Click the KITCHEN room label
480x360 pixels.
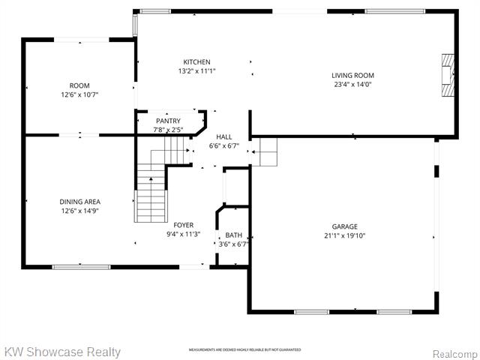197,62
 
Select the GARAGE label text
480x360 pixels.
345,226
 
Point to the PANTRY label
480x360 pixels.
168,121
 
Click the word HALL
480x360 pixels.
224,137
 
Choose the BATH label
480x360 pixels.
233,235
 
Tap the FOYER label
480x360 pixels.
184,225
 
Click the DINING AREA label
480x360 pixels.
80,202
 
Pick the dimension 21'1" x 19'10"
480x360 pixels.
345,235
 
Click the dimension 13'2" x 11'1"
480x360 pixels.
197,71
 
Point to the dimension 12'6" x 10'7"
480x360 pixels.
80,95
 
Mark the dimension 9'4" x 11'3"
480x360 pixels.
184,234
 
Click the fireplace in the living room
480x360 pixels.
448,75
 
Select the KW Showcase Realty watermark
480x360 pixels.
61,351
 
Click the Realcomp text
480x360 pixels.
453,352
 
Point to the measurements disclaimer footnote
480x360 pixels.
244,350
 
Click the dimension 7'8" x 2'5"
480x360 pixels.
168,130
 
